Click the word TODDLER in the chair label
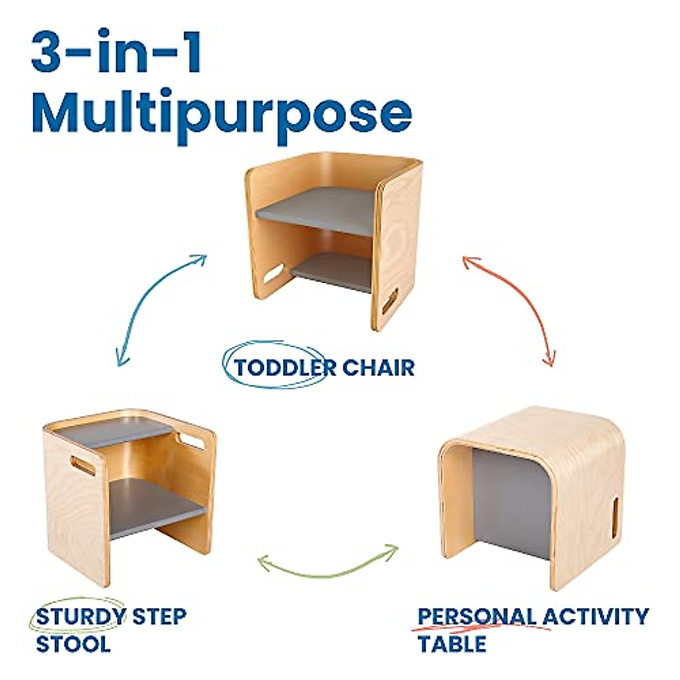tap(278, 368)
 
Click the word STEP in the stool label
tap(159, 616)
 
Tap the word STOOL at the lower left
tap(73, 644)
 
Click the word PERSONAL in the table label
tap(477, 616)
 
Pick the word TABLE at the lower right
tap(452, 644)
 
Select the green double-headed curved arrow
tap(328, 561)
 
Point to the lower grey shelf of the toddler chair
tap(334, 271)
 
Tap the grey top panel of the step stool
tap(113, 433)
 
